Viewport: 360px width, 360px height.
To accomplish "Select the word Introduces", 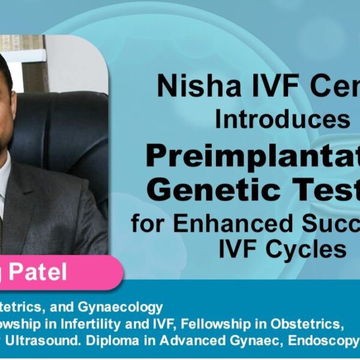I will [x=283, y=119].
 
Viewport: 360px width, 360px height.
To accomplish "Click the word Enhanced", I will [x=230, y=224].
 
